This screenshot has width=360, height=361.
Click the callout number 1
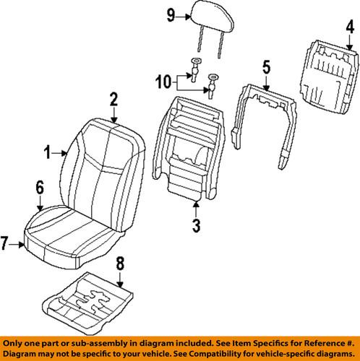tap(48, 152)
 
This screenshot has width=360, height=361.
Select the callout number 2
tap(113, 99)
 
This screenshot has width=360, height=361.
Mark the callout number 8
tap(121, 263)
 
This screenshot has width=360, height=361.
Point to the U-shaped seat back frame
tap(265, 116)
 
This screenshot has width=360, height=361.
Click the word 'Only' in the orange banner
tap(16, 342)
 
